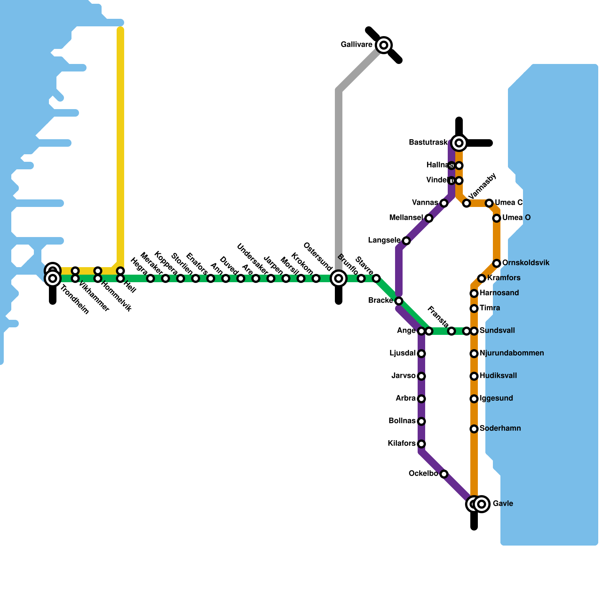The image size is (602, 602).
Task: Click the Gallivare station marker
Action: tap(383, 45)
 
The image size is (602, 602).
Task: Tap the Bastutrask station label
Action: tap(428, 143)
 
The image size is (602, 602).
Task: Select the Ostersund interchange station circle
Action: tap(339, 278)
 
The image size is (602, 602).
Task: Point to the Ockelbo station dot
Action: tap(444, 474)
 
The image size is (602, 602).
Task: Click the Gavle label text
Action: tap(503, 504)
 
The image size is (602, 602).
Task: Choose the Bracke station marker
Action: tap(399, 301)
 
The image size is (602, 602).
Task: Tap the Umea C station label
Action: tap(509, 203)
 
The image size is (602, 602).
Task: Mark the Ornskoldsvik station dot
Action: tap(497, 263)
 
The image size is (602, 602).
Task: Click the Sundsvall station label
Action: tap(497, 331)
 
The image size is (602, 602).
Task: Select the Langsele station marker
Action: tap(406, 241)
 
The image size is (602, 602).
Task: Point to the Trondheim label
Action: tap(74, 300)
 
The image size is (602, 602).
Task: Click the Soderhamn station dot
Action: tap(474, 429)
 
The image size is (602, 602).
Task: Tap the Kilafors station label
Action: tap(401, 444)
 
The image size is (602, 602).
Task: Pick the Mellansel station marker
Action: tap(429, 218)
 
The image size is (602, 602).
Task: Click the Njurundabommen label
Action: tap(512, 353)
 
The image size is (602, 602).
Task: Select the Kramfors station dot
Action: tap(482, 278)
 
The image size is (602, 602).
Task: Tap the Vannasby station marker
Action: tap(467, 203)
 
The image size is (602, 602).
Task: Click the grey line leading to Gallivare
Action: tap(339, 169)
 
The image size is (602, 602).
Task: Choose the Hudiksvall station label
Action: tap(498, 376)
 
